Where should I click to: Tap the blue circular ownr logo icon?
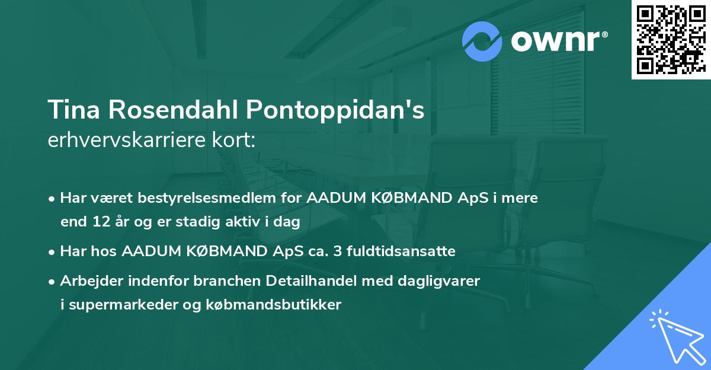(482, 42)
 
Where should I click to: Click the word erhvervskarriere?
(127, 141)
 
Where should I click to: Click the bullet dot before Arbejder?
(52, 281)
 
